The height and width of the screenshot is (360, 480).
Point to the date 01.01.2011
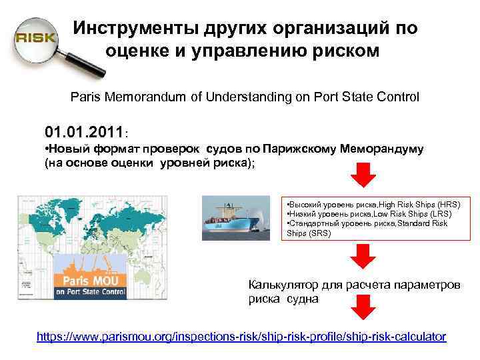83,129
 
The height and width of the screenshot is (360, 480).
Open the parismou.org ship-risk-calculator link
241,337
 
